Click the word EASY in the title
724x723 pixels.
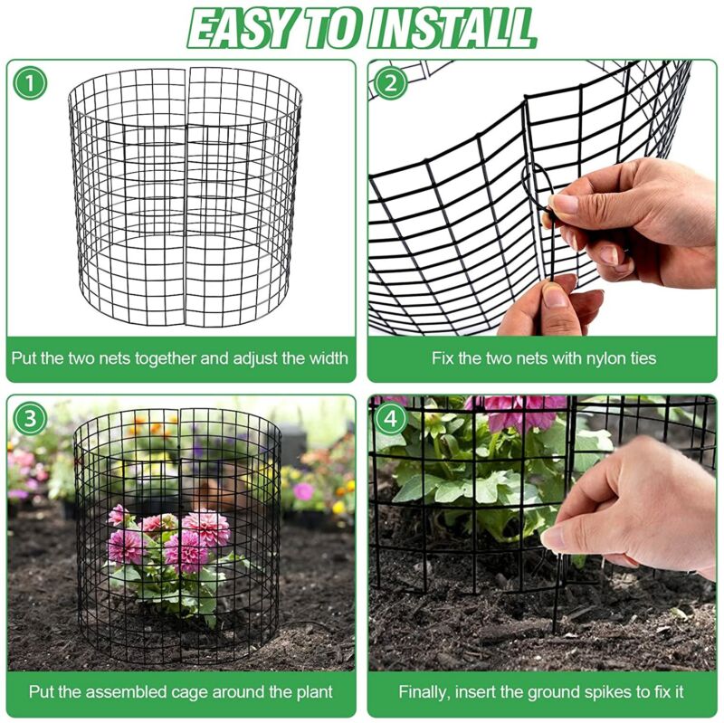click(x=243, y=28)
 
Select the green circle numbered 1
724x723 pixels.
click(x=30, y=83)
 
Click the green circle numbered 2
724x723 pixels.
click(x=391, y=83)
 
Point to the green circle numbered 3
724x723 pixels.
click(x=30, y=418)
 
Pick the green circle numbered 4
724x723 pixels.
click(x=391, y=418)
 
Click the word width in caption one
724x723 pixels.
click(x=328, y=358)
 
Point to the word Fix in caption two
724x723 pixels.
click(x=443, y=358)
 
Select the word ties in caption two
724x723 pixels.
click(x=641, y=358)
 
